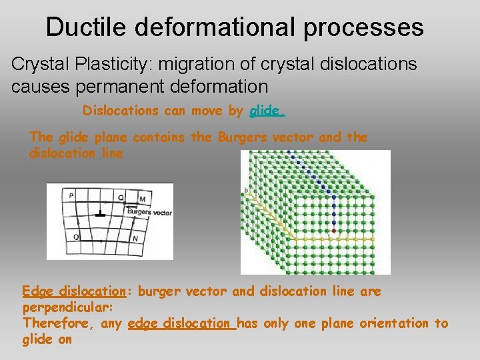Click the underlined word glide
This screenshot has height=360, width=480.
point(267,111)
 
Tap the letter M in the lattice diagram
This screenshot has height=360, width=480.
point(142,199)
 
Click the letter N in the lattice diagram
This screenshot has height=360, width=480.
point(135,238)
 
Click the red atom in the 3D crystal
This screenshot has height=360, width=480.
point(334,231)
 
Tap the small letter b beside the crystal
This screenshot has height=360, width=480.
point(246,191)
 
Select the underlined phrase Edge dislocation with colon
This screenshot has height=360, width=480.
point(74,291)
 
